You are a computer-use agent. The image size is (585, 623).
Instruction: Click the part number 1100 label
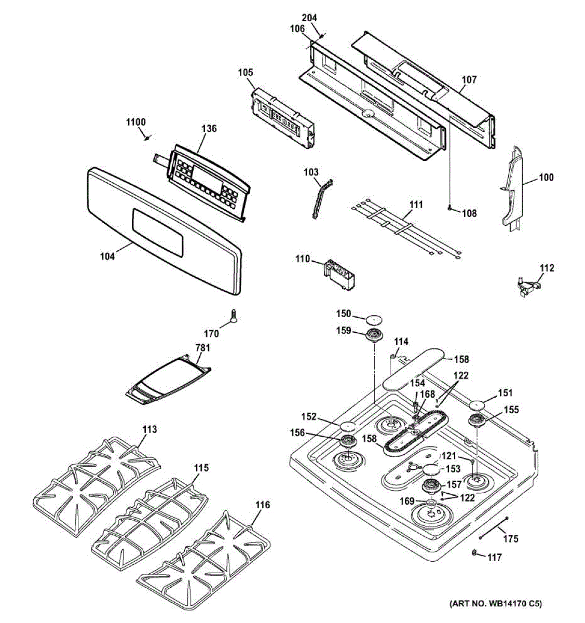point(136,122)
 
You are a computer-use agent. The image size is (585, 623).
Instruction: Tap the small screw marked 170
point(233,315)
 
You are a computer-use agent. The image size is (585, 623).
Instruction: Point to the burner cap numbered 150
point(375,318)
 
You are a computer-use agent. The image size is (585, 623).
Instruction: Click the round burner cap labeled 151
point(478,404)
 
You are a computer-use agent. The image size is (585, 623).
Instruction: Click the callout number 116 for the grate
point(263,505)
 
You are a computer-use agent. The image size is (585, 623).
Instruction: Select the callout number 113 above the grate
point(149,430)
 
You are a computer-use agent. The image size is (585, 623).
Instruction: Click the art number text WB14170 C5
point(495,604)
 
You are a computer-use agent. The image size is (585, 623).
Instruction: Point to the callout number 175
point(511,539)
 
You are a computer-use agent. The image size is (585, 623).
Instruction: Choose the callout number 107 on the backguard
point(469,80)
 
